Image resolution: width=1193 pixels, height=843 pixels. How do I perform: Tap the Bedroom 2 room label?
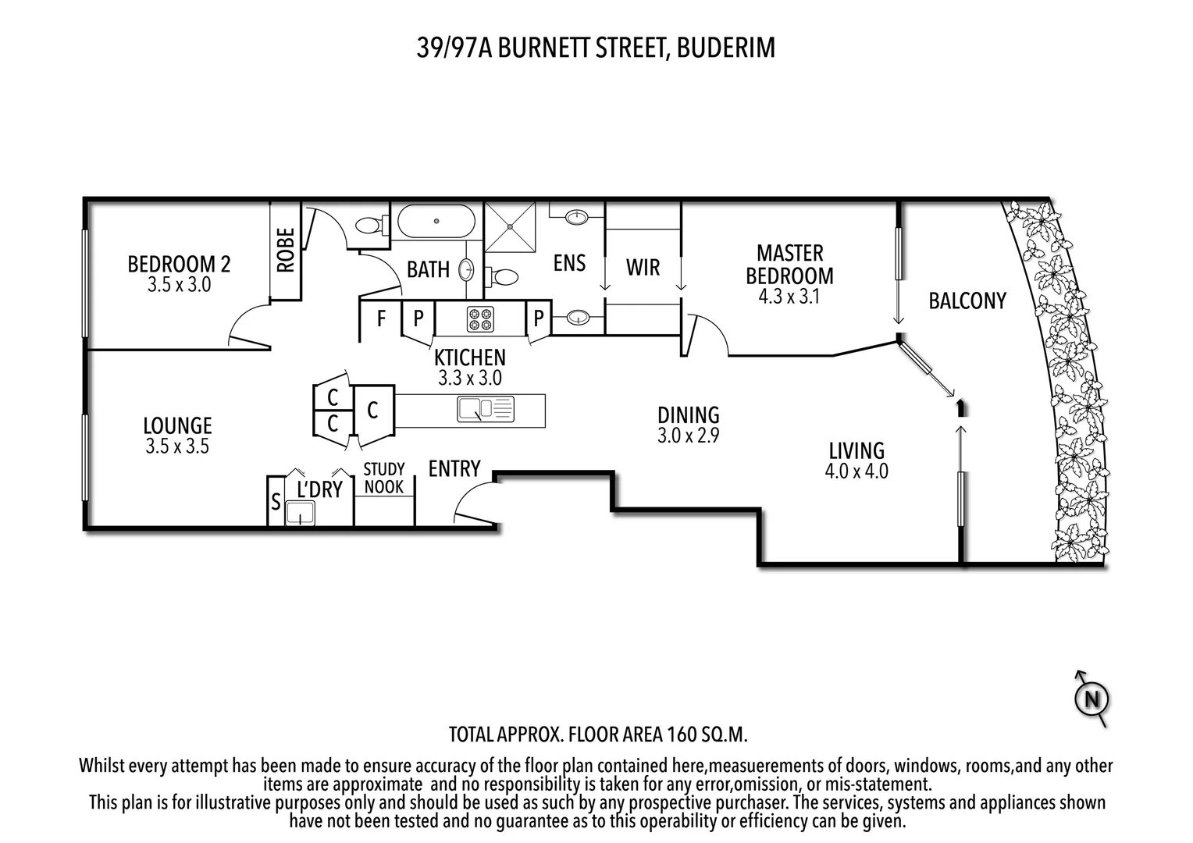tap(179, 264)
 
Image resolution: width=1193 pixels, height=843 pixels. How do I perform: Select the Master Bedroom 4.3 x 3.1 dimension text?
tap(789, 297)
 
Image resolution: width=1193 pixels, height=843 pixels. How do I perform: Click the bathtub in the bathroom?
tap(436, 222)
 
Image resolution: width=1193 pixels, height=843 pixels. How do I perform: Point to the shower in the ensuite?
tap(511, 226)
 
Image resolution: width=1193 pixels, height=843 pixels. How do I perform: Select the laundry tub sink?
tap(301, 513)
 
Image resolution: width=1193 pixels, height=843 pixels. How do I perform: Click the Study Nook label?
tap(384, 478)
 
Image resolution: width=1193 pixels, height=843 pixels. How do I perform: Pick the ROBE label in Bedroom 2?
tap(286, 250)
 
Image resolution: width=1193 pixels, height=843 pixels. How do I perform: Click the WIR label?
tap(643, 267)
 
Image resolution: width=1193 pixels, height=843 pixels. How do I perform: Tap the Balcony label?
tap(967, 301)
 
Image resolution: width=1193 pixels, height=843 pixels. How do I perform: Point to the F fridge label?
tap(381, 318)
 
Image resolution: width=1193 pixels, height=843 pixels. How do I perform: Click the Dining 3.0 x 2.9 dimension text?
tap(688, 436)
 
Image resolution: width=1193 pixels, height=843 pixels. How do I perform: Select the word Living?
tap(856, 450)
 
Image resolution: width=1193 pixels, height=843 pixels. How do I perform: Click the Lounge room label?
tap(177, 425)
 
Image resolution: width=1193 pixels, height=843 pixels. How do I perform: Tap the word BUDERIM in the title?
tap(725, 48)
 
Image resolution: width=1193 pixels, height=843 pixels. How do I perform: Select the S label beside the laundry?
tap(276, 501)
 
